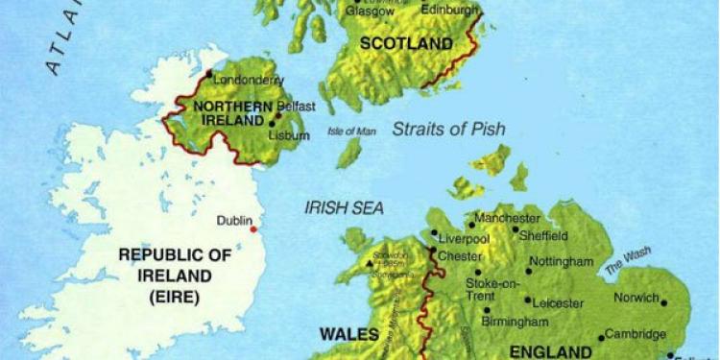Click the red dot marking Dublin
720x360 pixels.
pos(253,228)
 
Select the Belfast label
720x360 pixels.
pos(295,106)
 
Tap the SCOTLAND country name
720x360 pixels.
pos(405,44)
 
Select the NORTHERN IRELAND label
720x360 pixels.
pos(228,113)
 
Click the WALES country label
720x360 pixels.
pos(344,334)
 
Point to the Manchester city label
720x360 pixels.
pos(507,218)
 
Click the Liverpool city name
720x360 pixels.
pos(465,238)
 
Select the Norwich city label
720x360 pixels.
pos(637,298)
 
